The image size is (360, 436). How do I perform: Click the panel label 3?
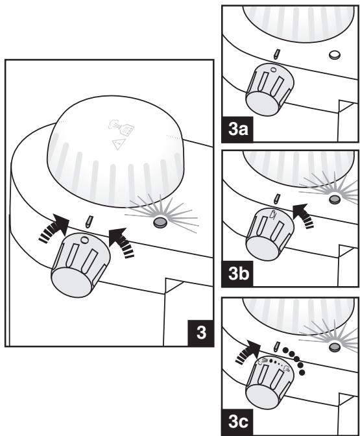point(201,333)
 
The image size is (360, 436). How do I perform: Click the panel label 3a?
point(237,130)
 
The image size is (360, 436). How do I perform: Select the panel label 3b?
point(238,274)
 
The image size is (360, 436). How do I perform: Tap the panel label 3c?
point(238,422)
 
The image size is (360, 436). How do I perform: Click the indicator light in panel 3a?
point(335,54)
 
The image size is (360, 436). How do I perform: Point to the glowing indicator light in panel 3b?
point(335,199)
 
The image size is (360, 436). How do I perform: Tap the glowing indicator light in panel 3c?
point(335,347)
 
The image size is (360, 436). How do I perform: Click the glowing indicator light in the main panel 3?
point(160,222)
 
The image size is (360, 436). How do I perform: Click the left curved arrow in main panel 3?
point(55,228)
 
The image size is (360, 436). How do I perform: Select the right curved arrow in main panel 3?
point(121,242)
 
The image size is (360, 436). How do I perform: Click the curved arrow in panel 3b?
point(304,216)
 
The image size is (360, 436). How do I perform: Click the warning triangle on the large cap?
point(119,144)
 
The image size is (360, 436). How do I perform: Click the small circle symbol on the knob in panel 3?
point(84,239)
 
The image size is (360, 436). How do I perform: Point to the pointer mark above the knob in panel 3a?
point(276,54)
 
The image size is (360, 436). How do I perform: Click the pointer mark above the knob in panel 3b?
point(276,199)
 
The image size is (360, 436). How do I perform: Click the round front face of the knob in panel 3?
point(72,283)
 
